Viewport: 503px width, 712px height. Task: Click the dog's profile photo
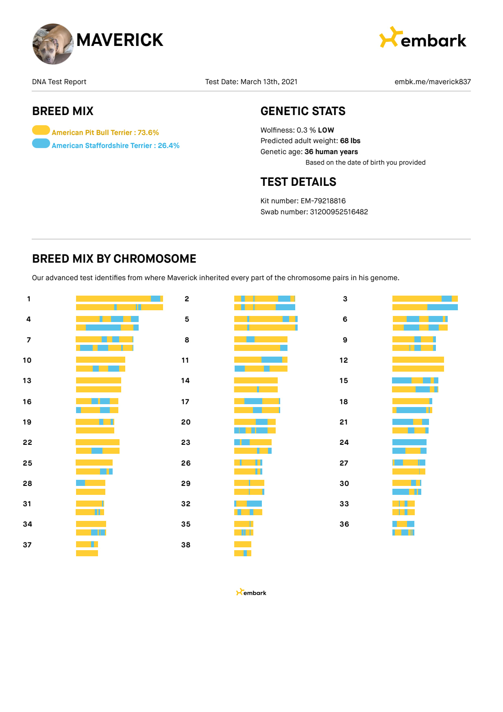click(x=53, y=44)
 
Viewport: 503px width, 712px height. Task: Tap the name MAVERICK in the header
click(x=120, y=40)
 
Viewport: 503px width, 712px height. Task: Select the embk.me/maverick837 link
click(x=432, y=82)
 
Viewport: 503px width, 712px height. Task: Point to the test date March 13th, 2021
click(x=269, y=82)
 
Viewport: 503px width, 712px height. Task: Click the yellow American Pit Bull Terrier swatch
click(x=41, y=130)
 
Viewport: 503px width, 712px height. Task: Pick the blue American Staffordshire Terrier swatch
click(x=41, y=144)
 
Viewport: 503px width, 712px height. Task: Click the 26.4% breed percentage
click(x=168, y=146)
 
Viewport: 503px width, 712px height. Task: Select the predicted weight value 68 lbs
click(x=350, y=141)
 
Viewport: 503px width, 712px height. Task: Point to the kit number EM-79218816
click(x=323, y=201)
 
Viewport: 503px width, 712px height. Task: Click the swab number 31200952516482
click(x=339, y=212)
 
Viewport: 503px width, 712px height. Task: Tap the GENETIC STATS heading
click(x=303, y=111)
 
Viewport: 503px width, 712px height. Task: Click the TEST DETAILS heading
click(x=298, y=182)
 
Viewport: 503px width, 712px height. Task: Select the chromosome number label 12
click(x=344, y=360)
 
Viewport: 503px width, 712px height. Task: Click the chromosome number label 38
click(x=185, y=545)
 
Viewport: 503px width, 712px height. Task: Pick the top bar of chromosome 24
click(x=409, y=442)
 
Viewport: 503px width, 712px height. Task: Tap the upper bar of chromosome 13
click(x=98, y=381)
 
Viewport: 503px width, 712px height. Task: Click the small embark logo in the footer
click(x=251, y=592)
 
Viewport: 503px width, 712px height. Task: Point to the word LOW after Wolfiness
click(x=326, y=130)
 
